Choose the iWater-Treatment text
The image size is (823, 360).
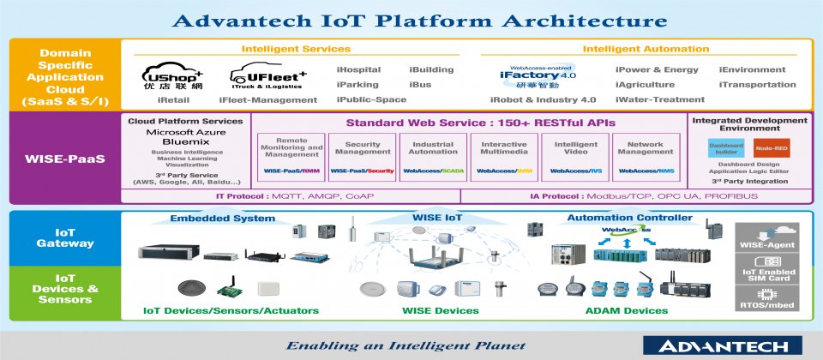click(647, 99)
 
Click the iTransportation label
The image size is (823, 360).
click(757, 85)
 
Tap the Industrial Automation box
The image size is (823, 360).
click(433, 156)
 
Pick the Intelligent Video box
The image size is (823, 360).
click(575, 156)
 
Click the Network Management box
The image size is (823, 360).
click(646, 156)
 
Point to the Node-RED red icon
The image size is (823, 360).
click(770, 147)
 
